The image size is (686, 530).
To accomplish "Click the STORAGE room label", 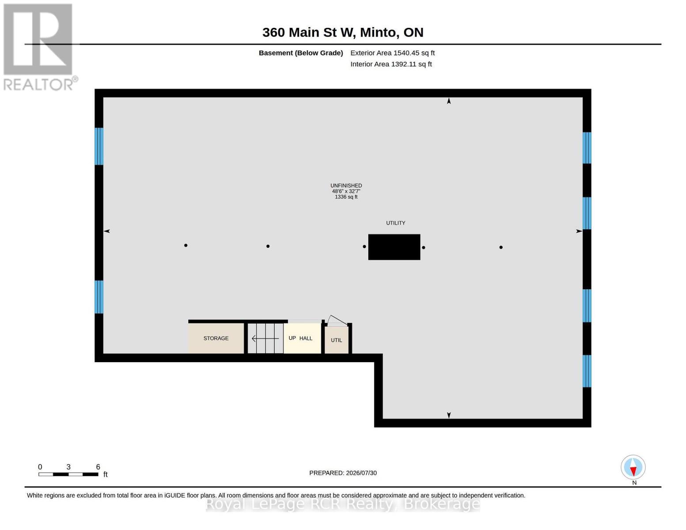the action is click(x=216, y=338).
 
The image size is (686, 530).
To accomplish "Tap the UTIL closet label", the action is click(x=336, y=340).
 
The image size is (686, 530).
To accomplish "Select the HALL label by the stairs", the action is click(x=306, y=338).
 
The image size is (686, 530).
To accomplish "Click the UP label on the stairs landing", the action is click(x=292, y=338).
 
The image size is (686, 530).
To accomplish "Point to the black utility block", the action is click(x=394, y=247).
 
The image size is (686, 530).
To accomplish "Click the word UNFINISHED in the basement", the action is click(x=346, y=185).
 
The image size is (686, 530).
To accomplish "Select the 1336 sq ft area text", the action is click(x=346, y=197).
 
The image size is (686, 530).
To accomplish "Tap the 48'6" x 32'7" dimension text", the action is click(x=346, y=191).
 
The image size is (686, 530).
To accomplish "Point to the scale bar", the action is click(x=68, y=474).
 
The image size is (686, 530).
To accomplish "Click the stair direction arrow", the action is click(x=265, y=339).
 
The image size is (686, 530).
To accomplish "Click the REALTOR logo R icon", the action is click(x=38, y=39).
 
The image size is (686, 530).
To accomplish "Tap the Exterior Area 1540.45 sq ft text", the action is click(x=392, y=53).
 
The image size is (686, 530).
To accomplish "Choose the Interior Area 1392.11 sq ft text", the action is click(x=391, y=64).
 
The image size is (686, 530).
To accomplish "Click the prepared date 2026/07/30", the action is click(x=361, y=473).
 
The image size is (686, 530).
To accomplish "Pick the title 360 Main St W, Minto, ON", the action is click(x=343, y=32).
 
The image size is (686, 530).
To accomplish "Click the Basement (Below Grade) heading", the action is click(x=301, y=53).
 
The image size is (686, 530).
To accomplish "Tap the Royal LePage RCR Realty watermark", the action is click(x=343, y=504).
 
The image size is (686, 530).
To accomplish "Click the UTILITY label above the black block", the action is click(x=395, y=223).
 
